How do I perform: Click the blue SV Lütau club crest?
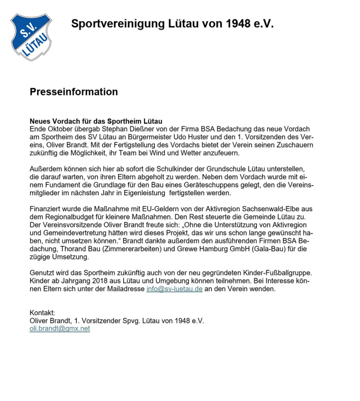(31, 36)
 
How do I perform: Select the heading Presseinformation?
(74, 92)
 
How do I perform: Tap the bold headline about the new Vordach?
(96, 121)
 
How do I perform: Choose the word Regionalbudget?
(66, 217)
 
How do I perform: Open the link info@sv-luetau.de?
(174, 289)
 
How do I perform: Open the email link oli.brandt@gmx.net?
(60, 329)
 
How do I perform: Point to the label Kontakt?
(42, 313)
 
